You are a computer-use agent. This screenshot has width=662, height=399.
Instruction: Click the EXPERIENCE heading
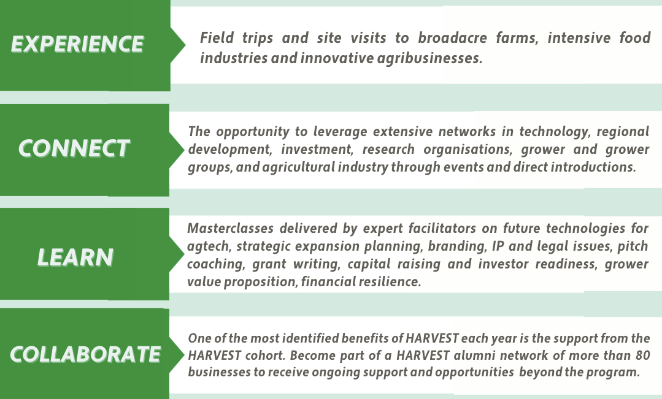point(77,44)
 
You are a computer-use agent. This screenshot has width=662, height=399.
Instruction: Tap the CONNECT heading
point(74,148)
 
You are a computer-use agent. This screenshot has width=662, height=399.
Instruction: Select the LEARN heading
point(75,257)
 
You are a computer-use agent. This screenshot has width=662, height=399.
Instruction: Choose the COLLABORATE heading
point(85,354)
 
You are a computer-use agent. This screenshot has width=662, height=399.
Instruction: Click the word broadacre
point(452,38)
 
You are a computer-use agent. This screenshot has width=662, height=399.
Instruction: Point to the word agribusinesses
point(429,59)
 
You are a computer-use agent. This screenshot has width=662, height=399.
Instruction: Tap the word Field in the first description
point(217,38)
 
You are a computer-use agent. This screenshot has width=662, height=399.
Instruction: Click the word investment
point(317,150)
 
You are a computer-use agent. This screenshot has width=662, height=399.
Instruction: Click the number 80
point(643,355)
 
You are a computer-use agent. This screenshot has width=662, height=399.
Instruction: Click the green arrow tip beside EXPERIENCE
point(185,45)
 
